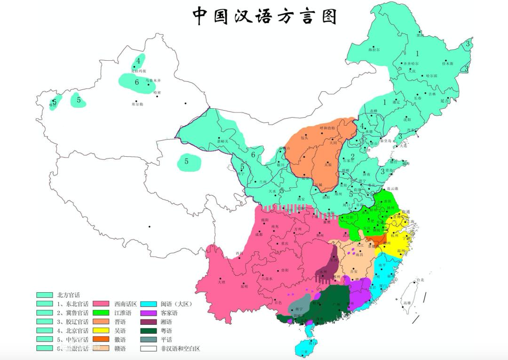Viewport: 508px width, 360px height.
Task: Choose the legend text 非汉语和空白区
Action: coord(180,349)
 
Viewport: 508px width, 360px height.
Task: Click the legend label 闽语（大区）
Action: coord(176,304)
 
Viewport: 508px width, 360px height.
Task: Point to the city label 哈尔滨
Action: coord(431,75)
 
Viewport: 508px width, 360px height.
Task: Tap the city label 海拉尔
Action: coord(373,49)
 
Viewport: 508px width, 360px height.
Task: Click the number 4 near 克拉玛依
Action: coord(138,60)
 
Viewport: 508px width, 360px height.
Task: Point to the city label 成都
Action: coord(259,234)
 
